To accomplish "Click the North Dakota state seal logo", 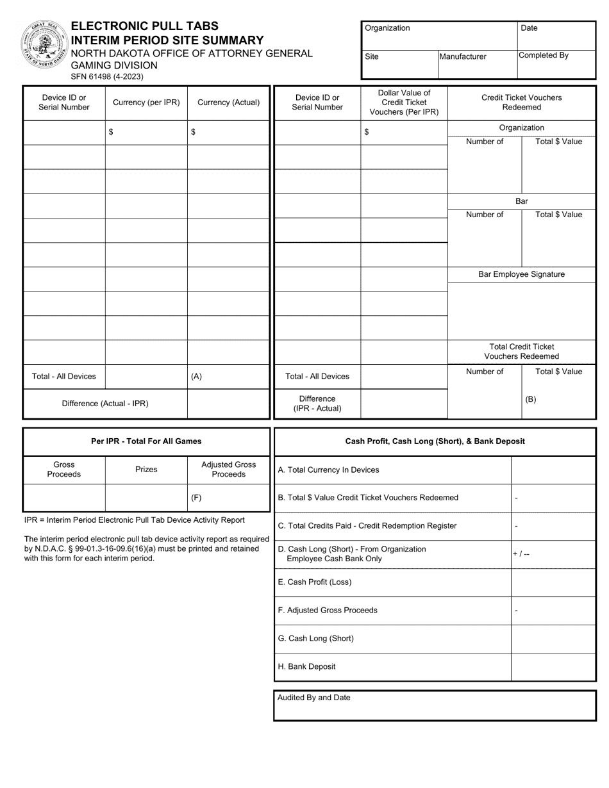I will (x=44, y=44).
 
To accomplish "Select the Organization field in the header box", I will (x=439, y=35).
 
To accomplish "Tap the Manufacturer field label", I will (x=463, y=56).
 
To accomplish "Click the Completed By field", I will (x=556, y=64).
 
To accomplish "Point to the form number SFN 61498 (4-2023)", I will (x=107, y=76).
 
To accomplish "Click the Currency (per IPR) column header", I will (x=146, y=103).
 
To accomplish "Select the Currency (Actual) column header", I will (x=228, y=103).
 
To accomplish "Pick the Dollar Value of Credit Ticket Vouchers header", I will (x=404, y=103).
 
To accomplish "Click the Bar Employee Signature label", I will (x=522, y=274).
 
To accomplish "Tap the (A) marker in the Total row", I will (x=197, y=377).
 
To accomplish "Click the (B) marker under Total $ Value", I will (x=531, y=399).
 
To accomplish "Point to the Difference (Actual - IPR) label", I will (x=105, y=404).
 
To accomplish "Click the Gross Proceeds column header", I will (x=64, y=470).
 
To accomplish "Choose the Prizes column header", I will (x=146, y=470).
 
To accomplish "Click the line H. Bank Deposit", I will (x=306, y=666).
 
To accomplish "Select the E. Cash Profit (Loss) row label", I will (x=315, y=582).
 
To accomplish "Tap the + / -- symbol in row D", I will (x=521, y=554).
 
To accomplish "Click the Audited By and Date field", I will (x=435, y=705).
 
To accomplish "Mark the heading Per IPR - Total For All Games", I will (x=146, y=441).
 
